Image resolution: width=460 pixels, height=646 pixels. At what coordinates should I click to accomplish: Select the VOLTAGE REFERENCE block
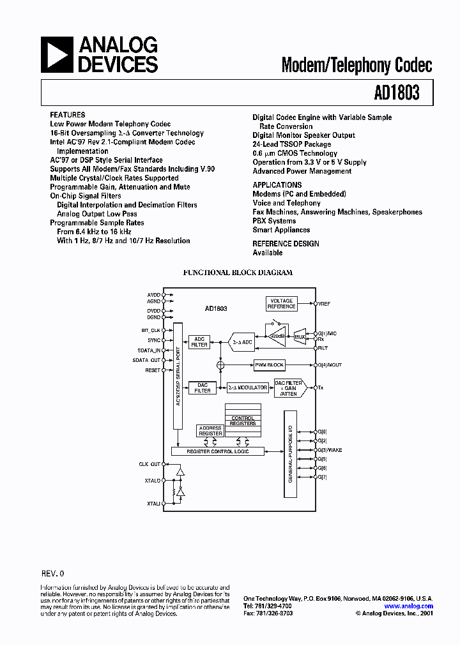(x=282, y=303)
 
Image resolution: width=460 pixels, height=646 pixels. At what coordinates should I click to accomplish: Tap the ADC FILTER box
(x=199, y=342)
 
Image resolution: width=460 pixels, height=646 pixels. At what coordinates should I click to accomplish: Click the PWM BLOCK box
(x=269, y=365)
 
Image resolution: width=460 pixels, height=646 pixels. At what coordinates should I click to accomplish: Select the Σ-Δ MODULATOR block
(x=247, y=387)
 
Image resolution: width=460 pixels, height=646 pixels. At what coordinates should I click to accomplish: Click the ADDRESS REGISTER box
(x=210, y=431)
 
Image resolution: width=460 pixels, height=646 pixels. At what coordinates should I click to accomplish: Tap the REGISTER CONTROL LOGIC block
(x=217, y=451)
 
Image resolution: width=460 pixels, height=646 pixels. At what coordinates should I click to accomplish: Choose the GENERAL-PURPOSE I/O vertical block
(x=290, y=454)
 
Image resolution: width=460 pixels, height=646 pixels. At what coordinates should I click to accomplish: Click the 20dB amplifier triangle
(x=277, y=336)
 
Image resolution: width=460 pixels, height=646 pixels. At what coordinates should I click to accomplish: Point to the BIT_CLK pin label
(x=151, y=330)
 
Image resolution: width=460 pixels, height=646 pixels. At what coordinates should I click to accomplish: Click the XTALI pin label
(x=153, y=504)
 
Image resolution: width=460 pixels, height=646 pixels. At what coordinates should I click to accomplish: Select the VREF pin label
(x=324, y=303)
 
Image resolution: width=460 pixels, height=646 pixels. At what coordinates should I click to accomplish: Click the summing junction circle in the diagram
(x=220, y=365)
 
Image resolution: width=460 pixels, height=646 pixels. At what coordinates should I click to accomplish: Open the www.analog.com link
(x=409, y=606)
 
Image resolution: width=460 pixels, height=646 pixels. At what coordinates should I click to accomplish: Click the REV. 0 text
(x=52, y=574)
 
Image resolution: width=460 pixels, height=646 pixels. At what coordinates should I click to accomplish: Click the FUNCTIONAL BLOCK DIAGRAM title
(x=238, y=273)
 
